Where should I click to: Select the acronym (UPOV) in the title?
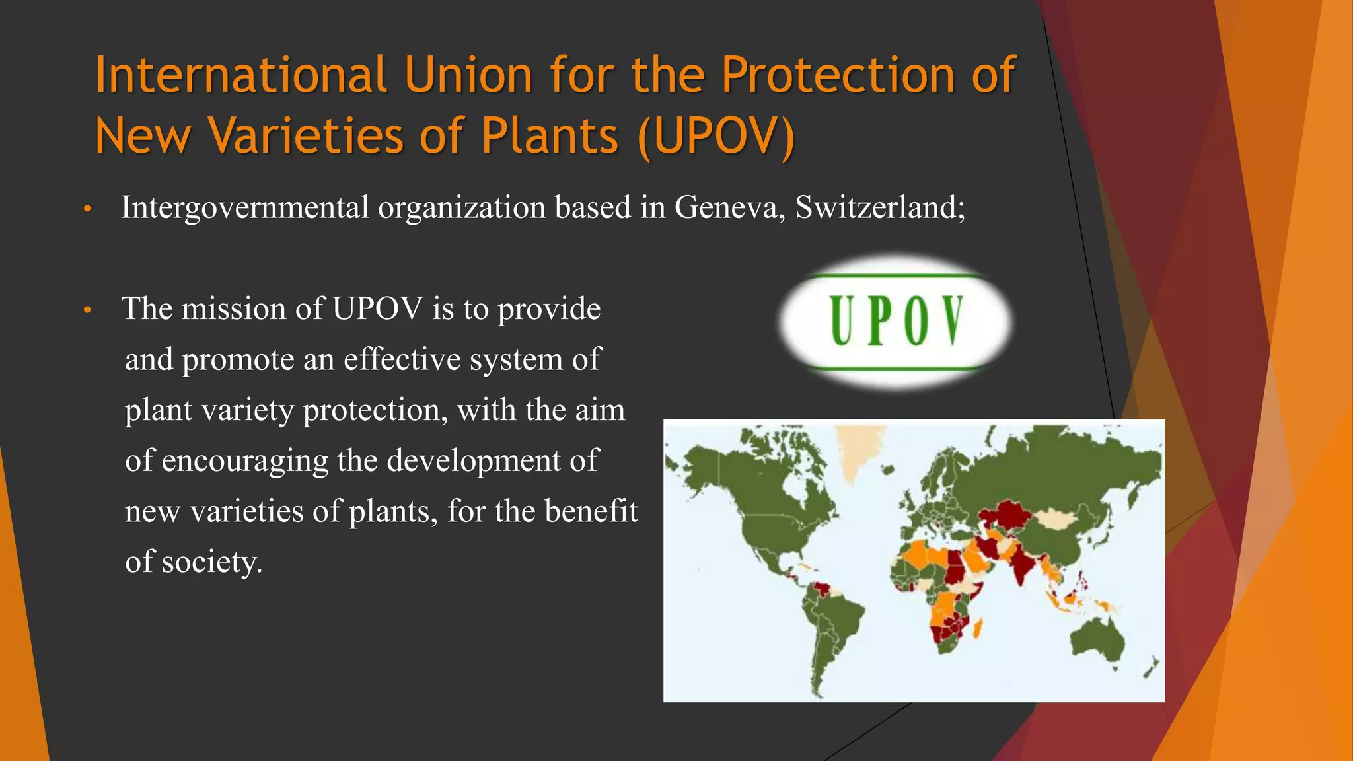716,136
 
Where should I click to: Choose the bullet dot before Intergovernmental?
87,210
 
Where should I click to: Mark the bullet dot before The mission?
87,310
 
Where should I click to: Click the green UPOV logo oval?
896,321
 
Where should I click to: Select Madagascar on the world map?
978,628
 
